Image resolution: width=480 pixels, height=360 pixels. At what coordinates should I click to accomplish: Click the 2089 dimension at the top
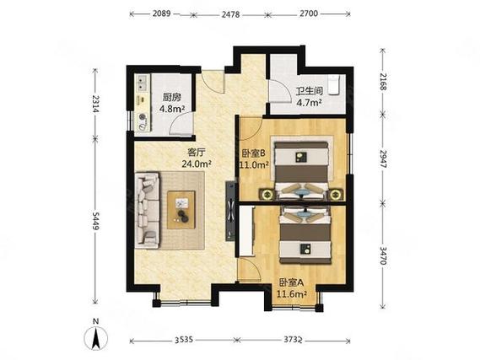162,13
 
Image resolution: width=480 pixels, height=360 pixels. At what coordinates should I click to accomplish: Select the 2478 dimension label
230,14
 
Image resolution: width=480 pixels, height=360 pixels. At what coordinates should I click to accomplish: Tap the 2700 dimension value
309,13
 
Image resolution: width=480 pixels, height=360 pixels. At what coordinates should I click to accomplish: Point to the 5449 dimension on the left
96,222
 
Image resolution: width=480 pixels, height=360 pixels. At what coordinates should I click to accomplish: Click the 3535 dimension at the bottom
184,340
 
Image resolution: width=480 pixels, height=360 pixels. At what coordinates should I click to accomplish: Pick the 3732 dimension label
293,340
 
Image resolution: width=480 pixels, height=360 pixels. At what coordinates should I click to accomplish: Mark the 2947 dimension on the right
383,159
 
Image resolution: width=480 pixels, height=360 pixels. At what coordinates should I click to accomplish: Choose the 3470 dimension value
383,255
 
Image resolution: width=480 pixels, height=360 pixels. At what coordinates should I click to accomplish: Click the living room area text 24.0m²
197,164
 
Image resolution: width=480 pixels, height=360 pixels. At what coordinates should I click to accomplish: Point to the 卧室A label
291,282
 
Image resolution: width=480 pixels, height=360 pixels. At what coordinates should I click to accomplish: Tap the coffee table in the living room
181,210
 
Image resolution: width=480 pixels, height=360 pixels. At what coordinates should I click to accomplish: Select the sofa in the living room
148,210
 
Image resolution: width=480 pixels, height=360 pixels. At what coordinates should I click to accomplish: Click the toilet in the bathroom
334,86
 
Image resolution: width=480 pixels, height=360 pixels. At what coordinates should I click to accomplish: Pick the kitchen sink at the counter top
142,83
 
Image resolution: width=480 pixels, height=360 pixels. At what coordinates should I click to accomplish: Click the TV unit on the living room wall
230,212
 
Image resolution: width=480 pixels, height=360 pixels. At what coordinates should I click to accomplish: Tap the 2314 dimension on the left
96,104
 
